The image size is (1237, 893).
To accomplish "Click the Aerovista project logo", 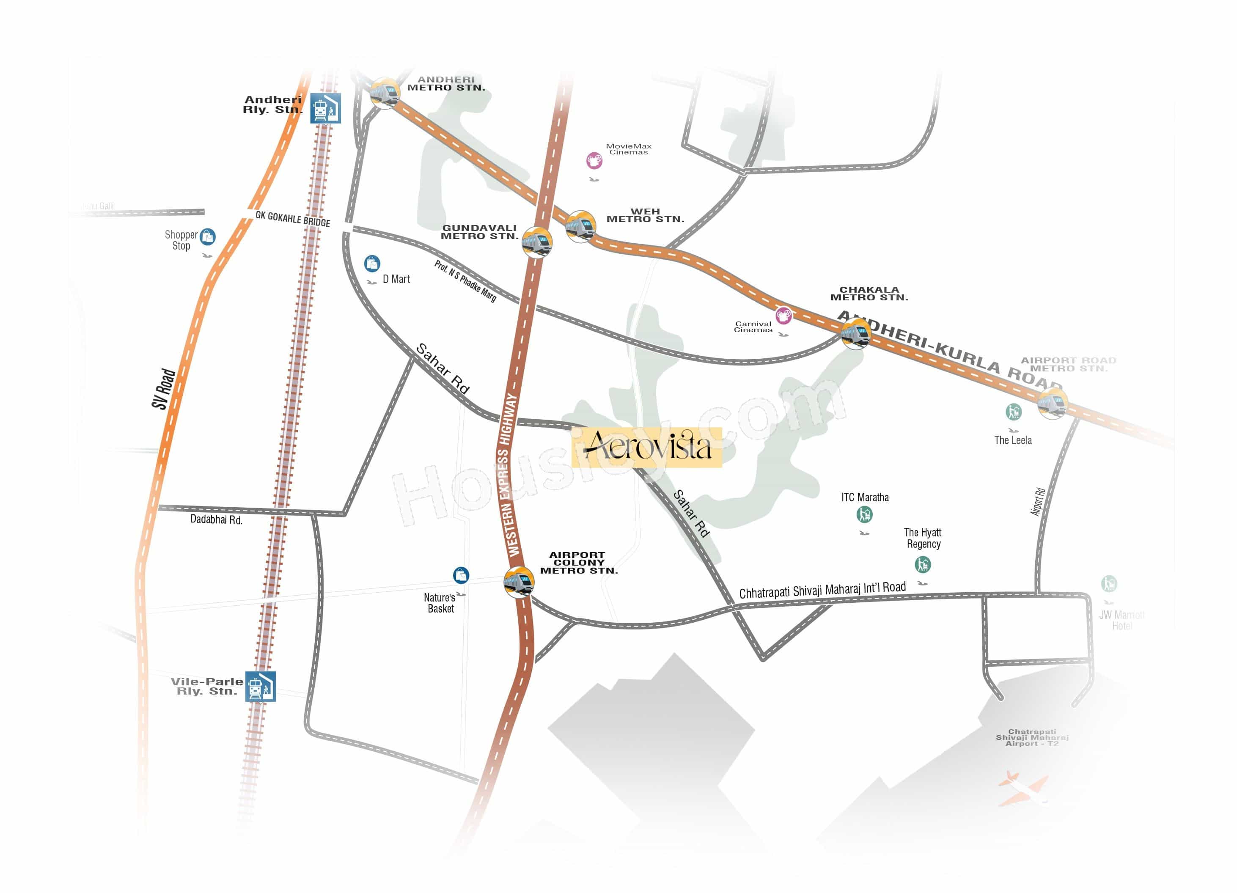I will (647, 447).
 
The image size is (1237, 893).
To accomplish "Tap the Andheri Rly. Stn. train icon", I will (326, 108).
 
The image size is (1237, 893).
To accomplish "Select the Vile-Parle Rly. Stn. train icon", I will (260, 686).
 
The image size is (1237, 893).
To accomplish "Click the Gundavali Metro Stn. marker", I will (537, 242).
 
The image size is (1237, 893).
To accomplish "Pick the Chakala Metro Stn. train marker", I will (855, 333).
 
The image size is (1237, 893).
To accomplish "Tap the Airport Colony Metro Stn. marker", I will (518, 582).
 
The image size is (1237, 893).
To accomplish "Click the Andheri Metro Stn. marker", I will (385, 93).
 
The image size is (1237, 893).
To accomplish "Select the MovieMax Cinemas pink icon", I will (594, 160).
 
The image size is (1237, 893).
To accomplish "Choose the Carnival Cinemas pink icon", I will (784, 315).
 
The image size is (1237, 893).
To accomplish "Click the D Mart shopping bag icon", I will (372, 264).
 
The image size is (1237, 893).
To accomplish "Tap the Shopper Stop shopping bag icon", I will (207, 237).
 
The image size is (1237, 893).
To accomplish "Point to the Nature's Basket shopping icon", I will (461, 575).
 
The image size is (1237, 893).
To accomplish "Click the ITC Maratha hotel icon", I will (864, 514).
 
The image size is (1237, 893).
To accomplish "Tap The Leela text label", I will (1013, 440).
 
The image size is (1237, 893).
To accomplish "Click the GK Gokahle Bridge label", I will (293, 219).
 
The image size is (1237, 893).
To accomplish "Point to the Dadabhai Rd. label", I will (216, 519).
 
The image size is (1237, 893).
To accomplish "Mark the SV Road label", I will (164, 388).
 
